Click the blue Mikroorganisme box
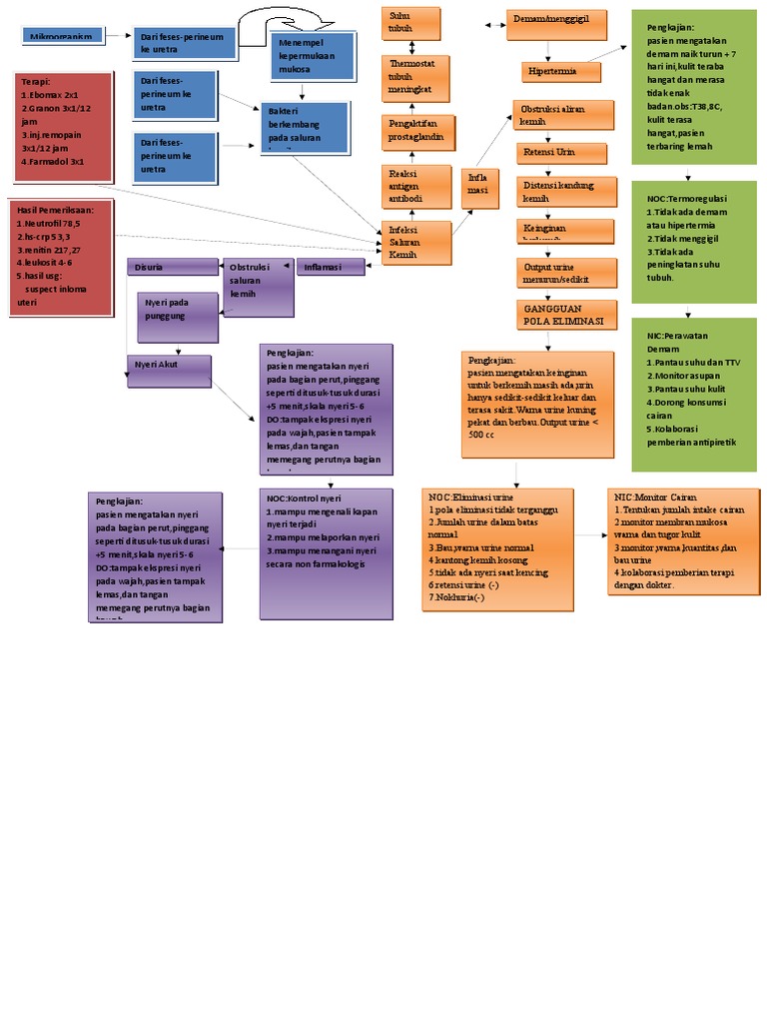click(x=63, y=37)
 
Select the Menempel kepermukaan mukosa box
click(x=314, y=57)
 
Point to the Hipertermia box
click(x=561, y=72)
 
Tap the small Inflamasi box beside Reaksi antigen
click(x=480, y=184)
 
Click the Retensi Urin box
click(x=560, y=152)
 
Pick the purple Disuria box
click(x=173, y=267)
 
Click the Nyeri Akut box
click(x=169, y=371)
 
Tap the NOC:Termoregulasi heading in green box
click(x=687, y=199)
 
